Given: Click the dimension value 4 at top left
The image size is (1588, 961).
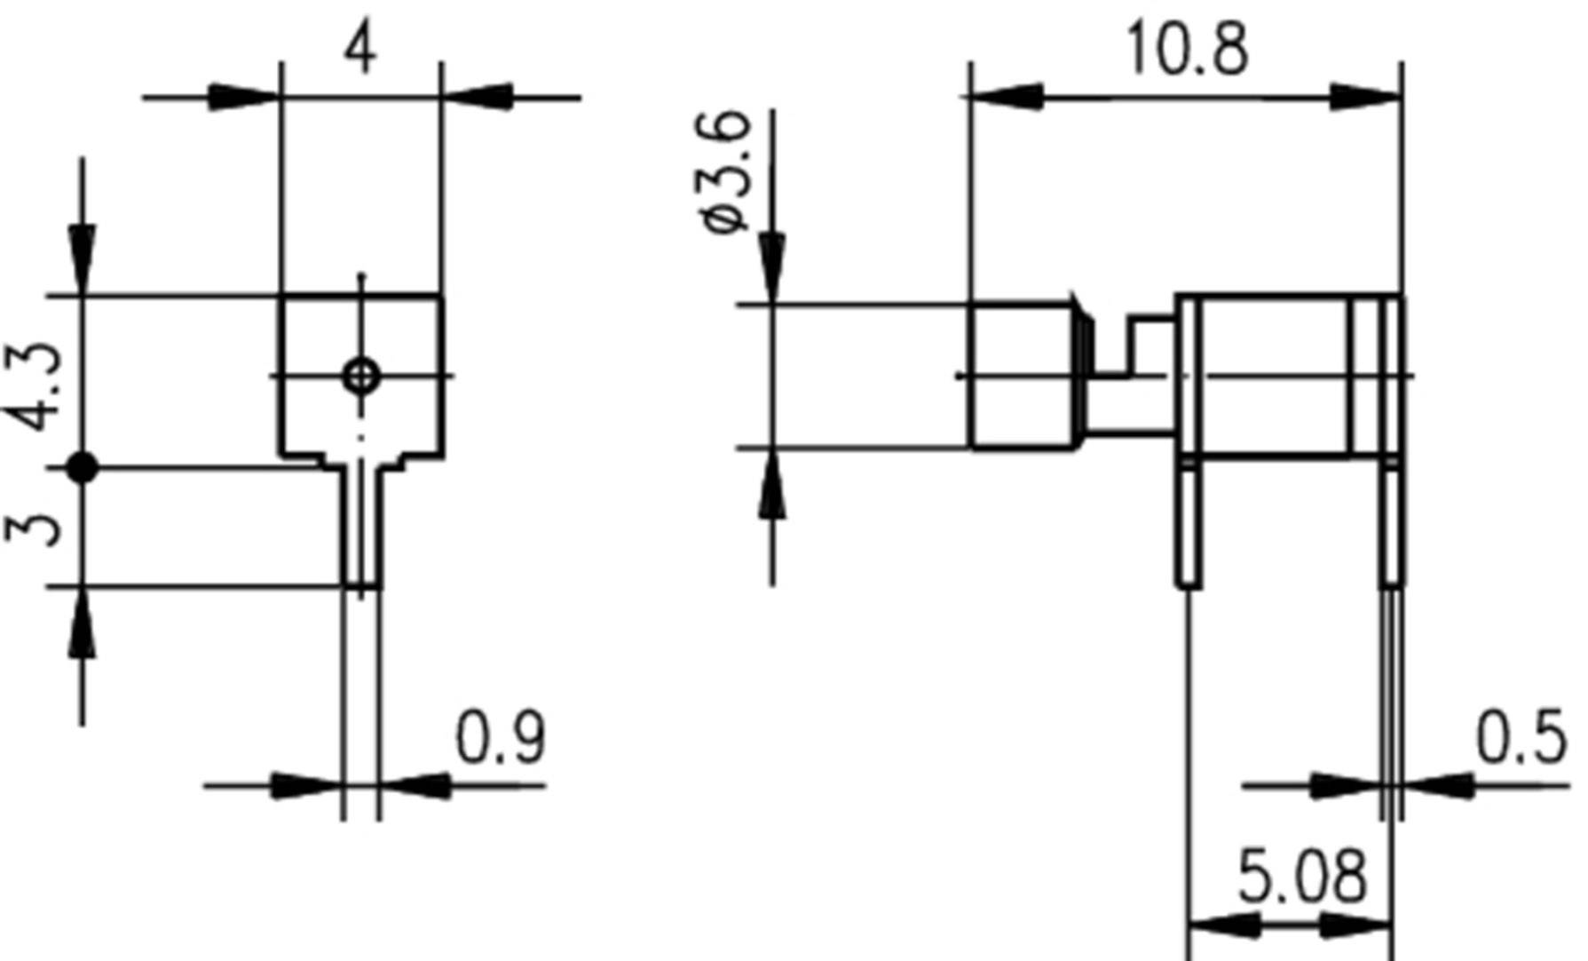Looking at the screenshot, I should tap(359, 52).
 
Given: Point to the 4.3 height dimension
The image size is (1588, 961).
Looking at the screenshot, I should tap(36, 385).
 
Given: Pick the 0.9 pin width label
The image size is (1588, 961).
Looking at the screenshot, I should tap(501, 738).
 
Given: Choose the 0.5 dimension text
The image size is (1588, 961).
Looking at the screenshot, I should tap(1521, 738).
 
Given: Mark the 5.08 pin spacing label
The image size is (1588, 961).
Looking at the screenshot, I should tap(1301, 878).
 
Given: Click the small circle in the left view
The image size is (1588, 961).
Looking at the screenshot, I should tap(361, 376).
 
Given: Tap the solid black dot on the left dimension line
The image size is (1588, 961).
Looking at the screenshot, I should tap(83, 467).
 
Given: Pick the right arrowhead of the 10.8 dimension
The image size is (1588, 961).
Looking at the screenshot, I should tap(1366, 97).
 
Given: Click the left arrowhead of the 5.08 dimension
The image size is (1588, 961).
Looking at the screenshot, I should tap(1223, 926).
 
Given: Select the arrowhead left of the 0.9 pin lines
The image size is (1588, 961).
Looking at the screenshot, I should tap(306, 786).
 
